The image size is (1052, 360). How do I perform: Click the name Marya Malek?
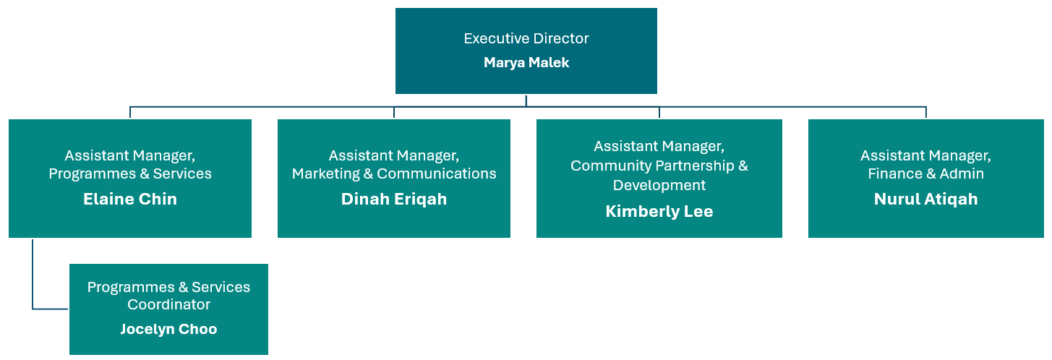(x=526, y=63)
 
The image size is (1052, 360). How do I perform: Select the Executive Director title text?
(x=526, y=38)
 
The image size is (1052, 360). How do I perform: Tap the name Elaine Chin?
(x=130, y=200)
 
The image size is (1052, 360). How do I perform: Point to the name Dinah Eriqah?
(x=394, y=200)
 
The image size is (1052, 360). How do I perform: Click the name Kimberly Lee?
(x=659, y=211)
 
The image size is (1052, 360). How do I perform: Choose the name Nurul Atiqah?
(x=925, y=200)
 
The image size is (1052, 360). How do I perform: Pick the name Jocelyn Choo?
(x=168, y=329)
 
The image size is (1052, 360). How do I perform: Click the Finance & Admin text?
(x=925, y=173)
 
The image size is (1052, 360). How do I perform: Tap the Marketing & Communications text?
(x=394, y=173)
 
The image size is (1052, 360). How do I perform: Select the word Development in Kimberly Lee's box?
(x=659, y=185)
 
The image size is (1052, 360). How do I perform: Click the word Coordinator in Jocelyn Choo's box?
(x=168, y=304)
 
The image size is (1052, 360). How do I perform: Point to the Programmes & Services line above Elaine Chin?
(x=130, y=173)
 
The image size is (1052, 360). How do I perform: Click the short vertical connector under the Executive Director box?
(x=526, y=100)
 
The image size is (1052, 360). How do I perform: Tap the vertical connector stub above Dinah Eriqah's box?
(x=394, y=113)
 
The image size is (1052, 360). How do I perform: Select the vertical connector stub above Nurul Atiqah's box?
(x=926, y=113)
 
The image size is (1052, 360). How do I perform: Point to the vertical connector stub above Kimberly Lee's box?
(x=659, y=113)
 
